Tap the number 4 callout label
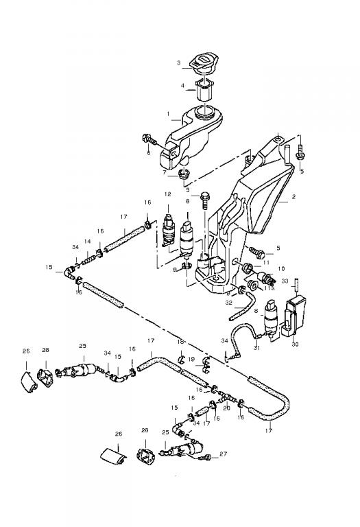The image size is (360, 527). (x=182, y=86)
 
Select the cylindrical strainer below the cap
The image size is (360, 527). (x=204, y=90)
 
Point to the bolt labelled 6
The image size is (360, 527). (x=149, y=139)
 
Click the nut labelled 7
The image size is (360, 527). (x=184, y=174)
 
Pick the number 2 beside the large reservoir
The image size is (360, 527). (x=294, y=198)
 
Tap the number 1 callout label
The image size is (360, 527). (x=169, y=115)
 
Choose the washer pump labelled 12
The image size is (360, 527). (x=168, y=231)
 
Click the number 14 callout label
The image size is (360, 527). (x=88, y=242)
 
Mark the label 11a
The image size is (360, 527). (x=269, y=288)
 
